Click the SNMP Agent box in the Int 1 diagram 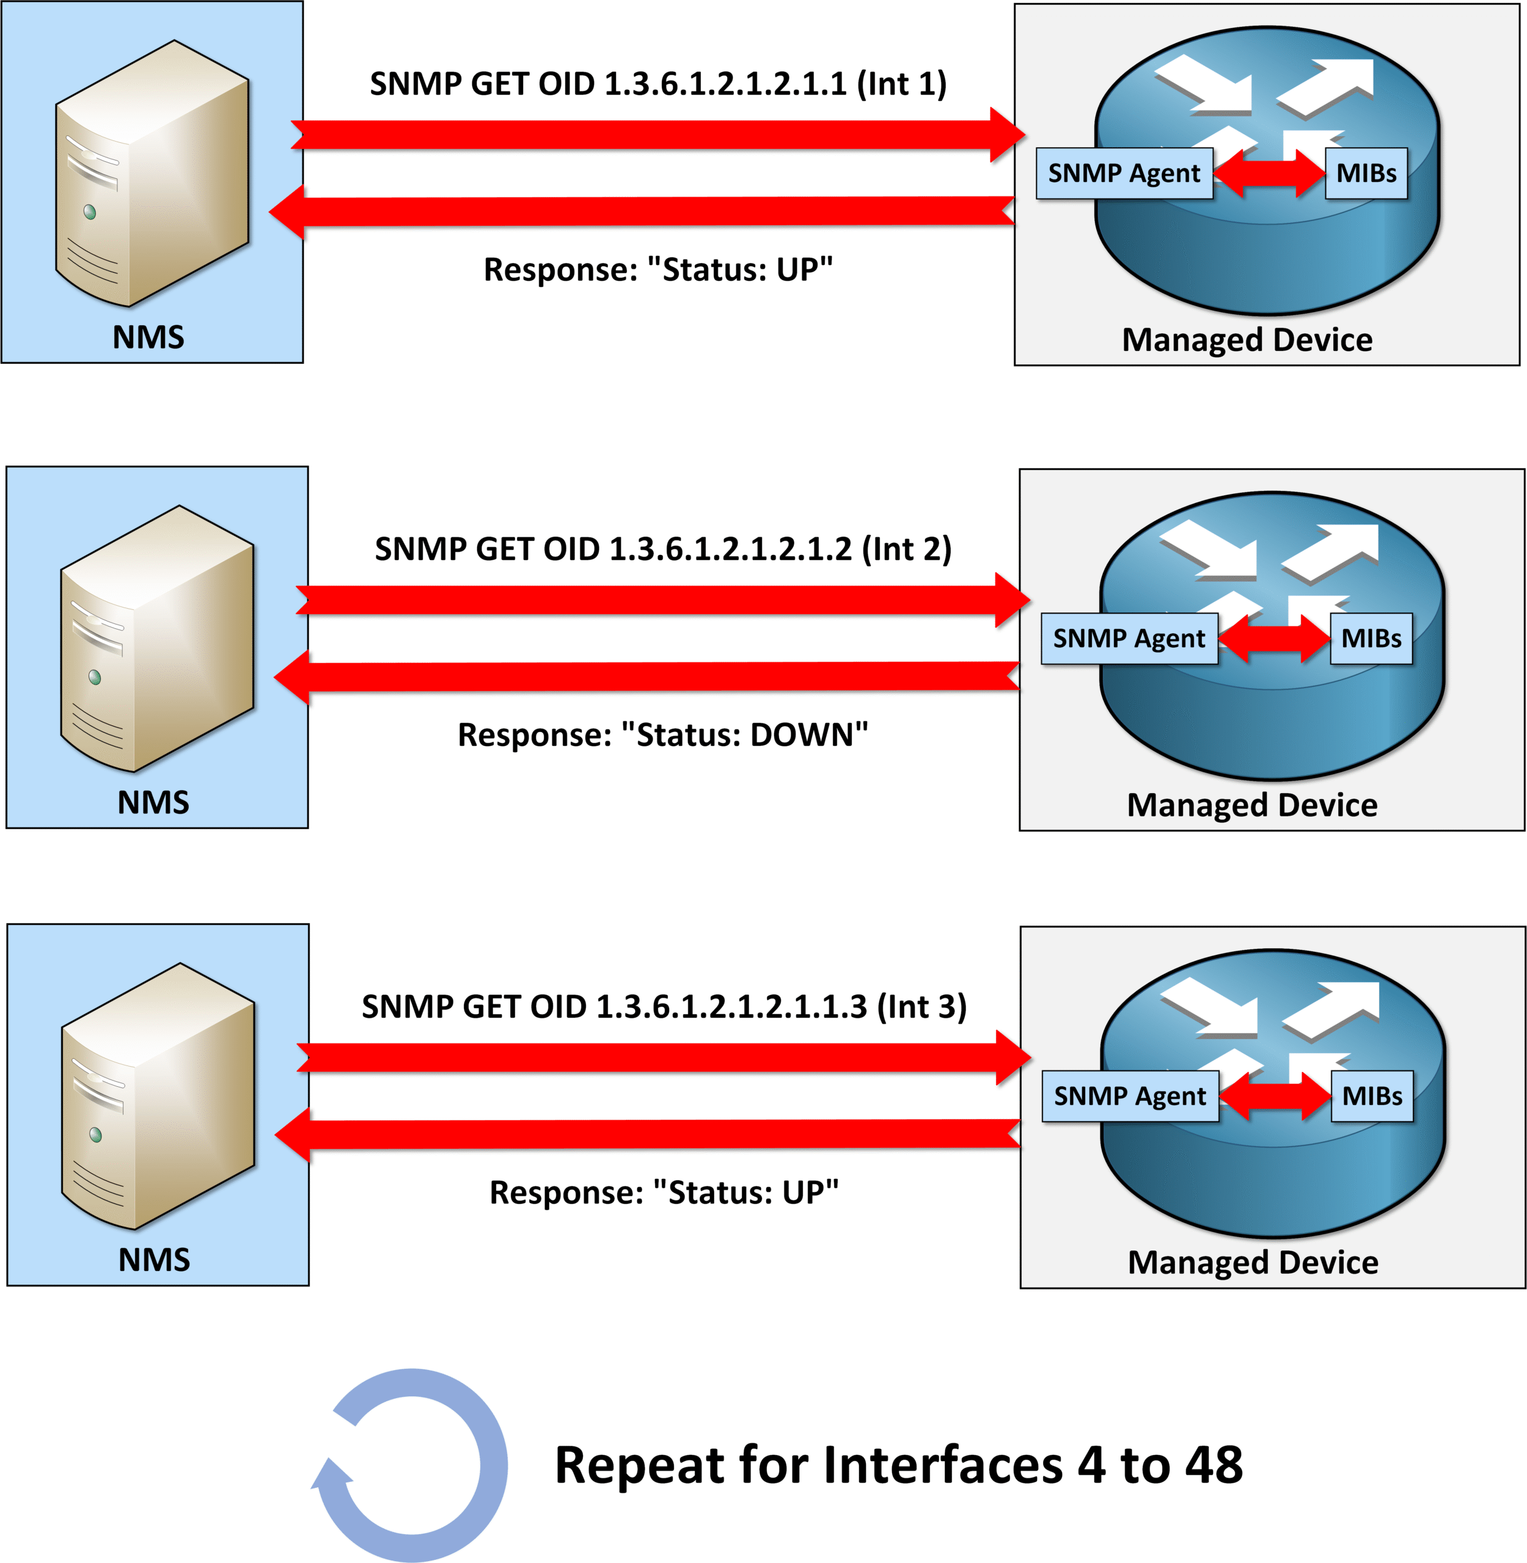[x=1124, y=173]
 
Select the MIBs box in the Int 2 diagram [x=1371, y=638]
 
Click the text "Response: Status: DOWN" [x=662, y=735]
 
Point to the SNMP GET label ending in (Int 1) [x=657, y=84]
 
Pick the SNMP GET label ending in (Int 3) [x=664, y=1007]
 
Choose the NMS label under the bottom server [x=154, y=1260]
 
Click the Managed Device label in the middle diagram [x=1252, y=805]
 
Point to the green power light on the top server [x=90, y=212]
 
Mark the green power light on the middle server [x=95, y=677]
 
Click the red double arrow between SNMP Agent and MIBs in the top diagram [x=1269, y=173]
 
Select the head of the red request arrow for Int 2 [x=1012, y=600]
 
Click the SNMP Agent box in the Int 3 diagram [x=1129, y=1096]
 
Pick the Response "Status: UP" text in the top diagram [x=657, y=270]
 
